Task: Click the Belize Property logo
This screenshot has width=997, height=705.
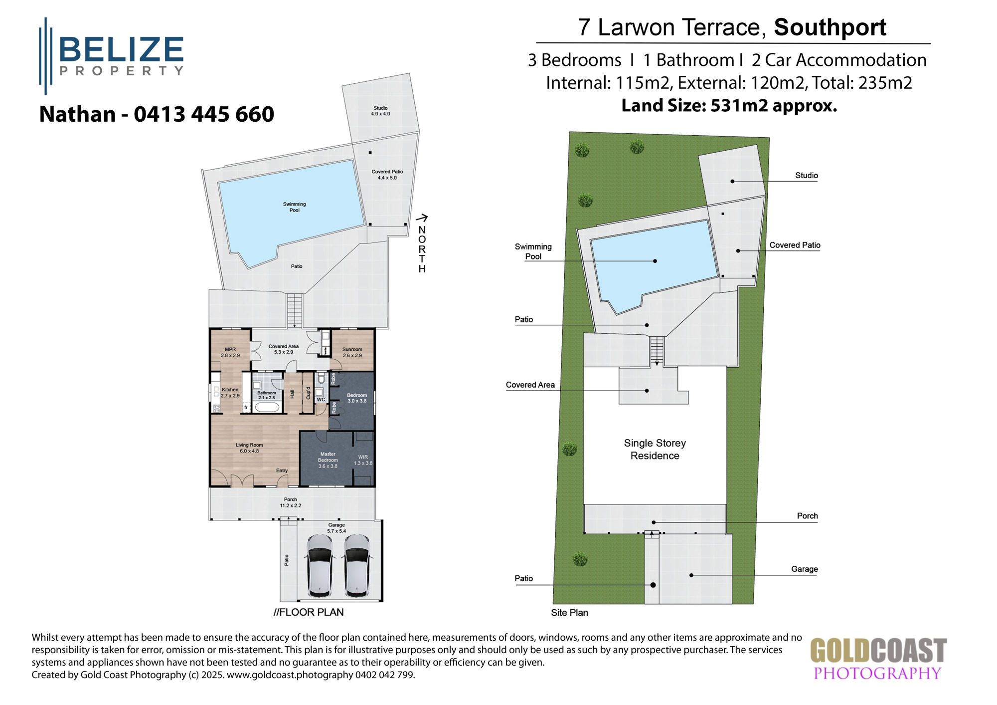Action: pyautogui.click(x=112, y=55)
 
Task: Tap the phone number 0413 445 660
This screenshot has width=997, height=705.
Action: pyautogui.click(x=204, y=114)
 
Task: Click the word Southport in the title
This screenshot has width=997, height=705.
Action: pyautogui.click(x=830, y=27)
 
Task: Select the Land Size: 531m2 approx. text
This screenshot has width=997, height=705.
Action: pyautogui.click(x=729, y=106)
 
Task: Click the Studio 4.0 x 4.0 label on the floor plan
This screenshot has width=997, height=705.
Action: pyautogui.click(x=380, y=111)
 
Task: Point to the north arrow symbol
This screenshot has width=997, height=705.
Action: pyautogui.click(x=422, y=218)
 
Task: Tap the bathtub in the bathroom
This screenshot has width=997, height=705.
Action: pyautogui.click(x=267, y=407)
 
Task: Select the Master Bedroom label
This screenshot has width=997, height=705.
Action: pyautogui.click(x=328, y=460)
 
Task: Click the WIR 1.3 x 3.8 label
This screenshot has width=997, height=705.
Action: pyautogui.click(x=363, y=460)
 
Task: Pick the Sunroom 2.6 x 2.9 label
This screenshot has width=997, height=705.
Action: pyautogui.click(x=352, y=352)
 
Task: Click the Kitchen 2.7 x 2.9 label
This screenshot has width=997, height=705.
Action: pyautogui.click(x=230, y=393)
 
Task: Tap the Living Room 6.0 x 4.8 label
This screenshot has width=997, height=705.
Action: pyautogui.click(x=249, y=448)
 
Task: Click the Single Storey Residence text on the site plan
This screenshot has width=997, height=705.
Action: pyautogui.click(x=655, y=449)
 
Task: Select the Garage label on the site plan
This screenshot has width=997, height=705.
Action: pyautogui.click(x=804, y=569)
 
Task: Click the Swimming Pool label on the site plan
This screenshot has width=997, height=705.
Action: pyautogui.click(x=533, y=251)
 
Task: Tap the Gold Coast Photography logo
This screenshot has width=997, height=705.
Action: pyautogui.click(x=878, y=659)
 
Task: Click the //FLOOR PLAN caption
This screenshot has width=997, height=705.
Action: pyautogui.click(x=309, y=612)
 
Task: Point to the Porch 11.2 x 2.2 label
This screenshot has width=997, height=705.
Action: pyautogui.click(x=290, y=502)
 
